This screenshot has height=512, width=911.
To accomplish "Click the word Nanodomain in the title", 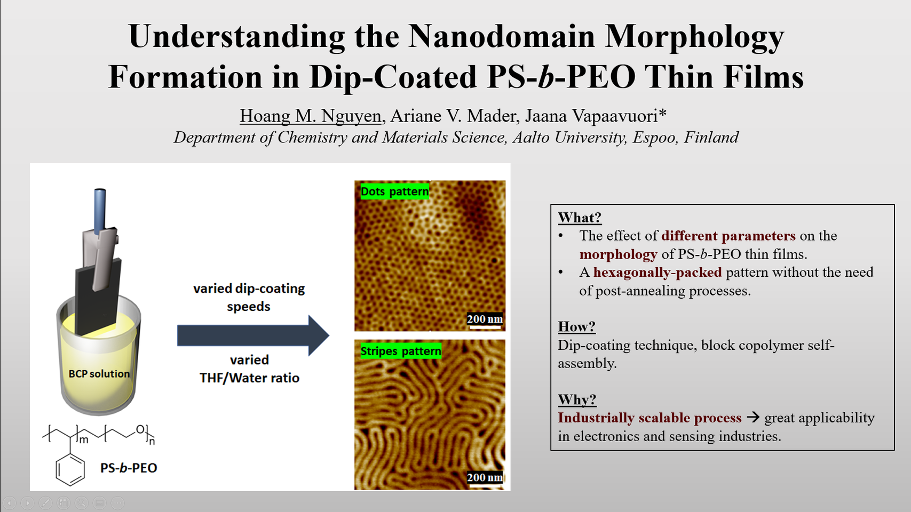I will [x=501, y=37].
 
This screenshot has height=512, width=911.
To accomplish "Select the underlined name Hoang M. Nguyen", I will [x=310, y=116].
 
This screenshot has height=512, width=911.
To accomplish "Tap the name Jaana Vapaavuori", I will [x=595, y=116].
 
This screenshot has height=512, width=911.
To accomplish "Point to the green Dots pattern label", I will [x=394, y=191].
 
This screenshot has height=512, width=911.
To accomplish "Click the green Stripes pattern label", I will [x=400, y=351].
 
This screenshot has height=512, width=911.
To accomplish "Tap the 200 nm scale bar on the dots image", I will [x=485, y=321].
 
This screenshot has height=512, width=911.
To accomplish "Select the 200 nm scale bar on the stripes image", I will [x=485, y=478].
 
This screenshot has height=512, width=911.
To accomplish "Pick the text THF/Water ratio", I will [x=249, y=378].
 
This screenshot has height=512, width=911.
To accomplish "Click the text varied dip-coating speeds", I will [x=249, y=297].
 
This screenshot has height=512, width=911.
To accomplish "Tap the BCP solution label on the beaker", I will [x=99, y=374].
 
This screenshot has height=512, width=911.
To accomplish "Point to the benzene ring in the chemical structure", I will [x=70, y=470].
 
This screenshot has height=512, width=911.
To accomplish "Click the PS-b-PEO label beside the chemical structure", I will [x=129, y=468].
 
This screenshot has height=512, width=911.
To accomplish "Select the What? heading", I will [x=579, y=218].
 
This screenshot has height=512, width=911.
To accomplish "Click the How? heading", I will [x=576, y=326].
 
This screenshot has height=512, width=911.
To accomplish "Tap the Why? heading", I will [x=577, y=399].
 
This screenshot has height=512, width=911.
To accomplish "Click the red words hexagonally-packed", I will [x=657, y=273].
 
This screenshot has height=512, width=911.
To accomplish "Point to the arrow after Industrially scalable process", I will [x=752, y=417].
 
